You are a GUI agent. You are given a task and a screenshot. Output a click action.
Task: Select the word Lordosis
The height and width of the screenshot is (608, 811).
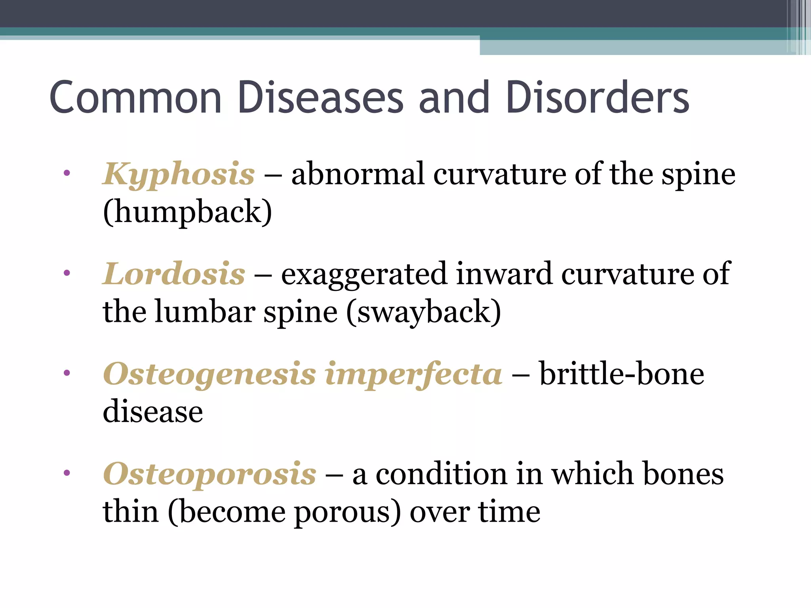click(x=174, y=275)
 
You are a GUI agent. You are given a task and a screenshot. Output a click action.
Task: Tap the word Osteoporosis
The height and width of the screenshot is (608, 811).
click(x=209, y=475)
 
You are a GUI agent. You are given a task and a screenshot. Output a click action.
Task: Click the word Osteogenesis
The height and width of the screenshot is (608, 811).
click(x=209, y=375)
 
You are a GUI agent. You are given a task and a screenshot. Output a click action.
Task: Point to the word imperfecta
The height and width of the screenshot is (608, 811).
click(x=413, y=375)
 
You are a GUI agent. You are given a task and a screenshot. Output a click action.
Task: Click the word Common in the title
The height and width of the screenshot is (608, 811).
click(x=135, y=97)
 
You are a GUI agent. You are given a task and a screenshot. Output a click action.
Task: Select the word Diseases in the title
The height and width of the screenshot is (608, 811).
click(x=321, y=97)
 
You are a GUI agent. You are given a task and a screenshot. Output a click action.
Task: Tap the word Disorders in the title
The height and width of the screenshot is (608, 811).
click(x=598, y=97)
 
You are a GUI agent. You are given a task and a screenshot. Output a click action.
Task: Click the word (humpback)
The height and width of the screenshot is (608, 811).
click(x=187, y=212)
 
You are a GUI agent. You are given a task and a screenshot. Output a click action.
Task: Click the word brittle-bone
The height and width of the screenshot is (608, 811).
click(x=622, y=374)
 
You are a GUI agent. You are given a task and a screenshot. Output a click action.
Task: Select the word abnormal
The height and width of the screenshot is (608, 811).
click(x=358, y=174)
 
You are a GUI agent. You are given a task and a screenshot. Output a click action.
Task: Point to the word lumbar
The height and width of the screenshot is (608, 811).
click(x=204, y=312)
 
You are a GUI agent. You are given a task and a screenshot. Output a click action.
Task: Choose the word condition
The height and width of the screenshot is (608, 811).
click(x=441, y=474)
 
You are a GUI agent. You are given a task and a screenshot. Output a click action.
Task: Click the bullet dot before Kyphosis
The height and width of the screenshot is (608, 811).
click(x=67, y=173)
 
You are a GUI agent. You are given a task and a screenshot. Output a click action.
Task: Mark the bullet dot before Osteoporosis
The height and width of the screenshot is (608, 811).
click(x=67, y=472)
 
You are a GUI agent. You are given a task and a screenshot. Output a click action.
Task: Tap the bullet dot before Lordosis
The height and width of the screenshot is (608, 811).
click(x=67, y=272)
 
